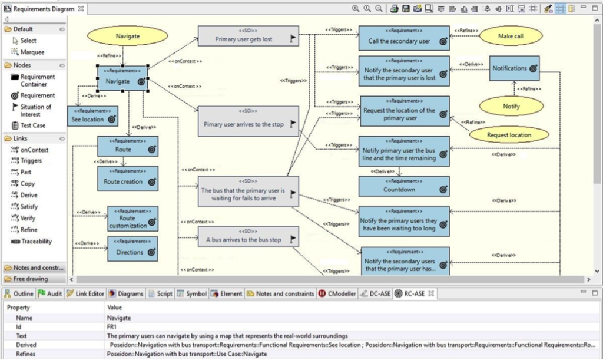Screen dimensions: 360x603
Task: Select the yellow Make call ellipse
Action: [511, 37]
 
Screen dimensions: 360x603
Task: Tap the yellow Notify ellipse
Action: [511, 106]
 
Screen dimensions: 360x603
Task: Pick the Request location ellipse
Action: [509, 135]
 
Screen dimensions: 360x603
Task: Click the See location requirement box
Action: [92, 116]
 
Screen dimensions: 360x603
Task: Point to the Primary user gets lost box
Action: [247, 37]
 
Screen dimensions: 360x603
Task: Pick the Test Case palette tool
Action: [32, 125]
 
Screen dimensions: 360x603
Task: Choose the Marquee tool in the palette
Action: [32, 52]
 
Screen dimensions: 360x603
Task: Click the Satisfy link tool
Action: [29, 207]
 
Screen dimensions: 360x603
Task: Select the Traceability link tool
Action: [36, 242]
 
